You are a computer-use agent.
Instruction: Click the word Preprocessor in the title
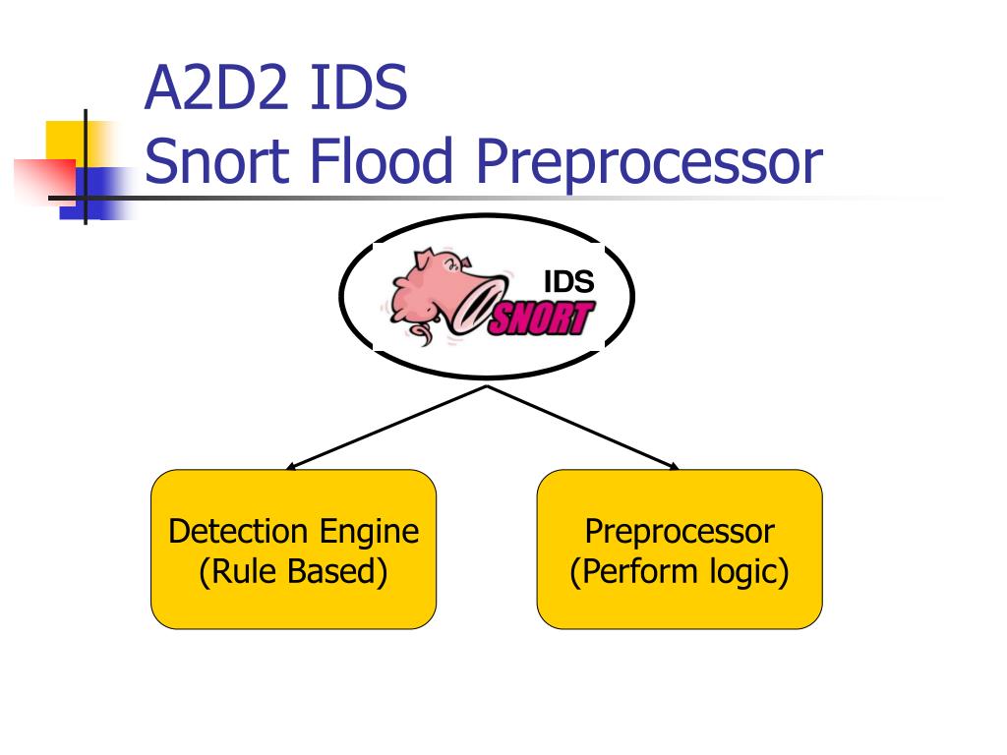tap(648, 164)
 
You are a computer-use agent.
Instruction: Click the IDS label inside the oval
tap(568, 283)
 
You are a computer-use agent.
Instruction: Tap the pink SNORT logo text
tap(541, 319)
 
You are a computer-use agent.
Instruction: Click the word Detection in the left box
tap(238, 532)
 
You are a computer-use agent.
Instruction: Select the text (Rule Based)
tap(293, 571)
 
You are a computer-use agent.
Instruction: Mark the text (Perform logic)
tap(679, 571)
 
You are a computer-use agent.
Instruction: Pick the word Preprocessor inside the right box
tap(680, 532)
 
